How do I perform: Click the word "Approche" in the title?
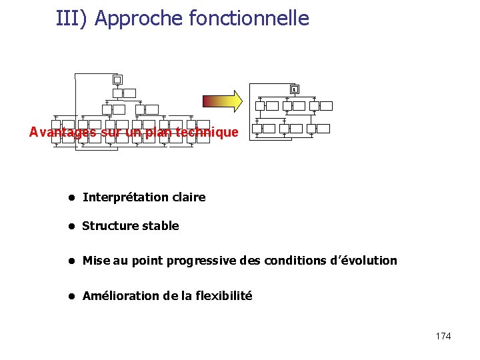(x=139, y=18)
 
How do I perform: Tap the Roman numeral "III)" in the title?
(x=73, y=18)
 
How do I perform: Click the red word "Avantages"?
(x=63, y=132)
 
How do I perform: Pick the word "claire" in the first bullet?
(x=189, y=197)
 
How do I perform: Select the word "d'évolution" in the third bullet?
(x=363, y=261)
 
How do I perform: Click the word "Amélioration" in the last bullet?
(x=121, y=296)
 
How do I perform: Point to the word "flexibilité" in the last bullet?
(x=223, y=296)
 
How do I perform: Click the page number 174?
(x=443, y=336)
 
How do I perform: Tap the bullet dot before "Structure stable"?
(x=69, y=226)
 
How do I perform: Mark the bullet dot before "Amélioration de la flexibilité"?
(x=69, y=296)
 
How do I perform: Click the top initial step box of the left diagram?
(x=117, y=79)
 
